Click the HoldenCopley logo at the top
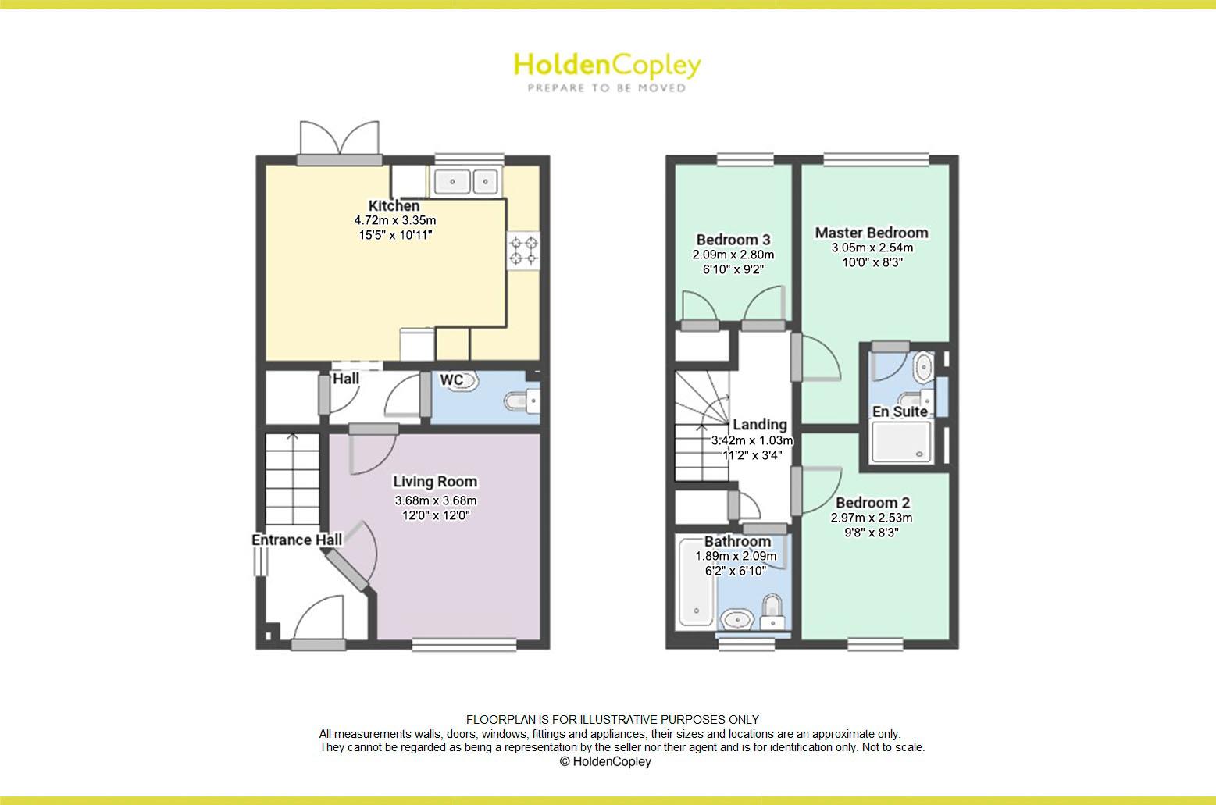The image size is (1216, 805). [x=607, y=71]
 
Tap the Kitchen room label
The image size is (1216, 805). [x=394, y=206]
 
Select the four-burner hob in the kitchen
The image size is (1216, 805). [x=524, y=251]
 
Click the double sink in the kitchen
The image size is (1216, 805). [x=466, y=182]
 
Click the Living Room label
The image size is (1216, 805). [x=435, y=482]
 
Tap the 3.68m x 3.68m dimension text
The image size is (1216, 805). [x=435, y=500]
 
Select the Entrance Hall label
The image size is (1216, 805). [x=297, y=540]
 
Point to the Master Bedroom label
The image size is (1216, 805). [x=872, y=233]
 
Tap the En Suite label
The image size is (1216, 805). [x=900, y=411]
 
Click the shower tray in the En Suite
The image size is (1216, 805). [x=900, y=442]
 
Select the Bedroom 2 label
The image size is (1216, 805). [x=872, y=503]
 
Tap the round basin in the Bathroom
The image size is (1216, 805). [x=736, y=621]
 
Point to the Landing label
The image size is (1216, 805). [x=760, y=425]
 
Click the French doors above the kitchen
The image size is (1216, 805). [x=339, y=141]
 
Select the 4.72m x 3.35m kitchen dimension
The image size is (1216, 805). [x=394, y=221]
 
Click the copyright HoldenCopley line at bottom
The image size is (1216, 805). [x=605, y=761]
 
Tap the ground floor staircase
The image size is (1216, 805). [x=293, y=479]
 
